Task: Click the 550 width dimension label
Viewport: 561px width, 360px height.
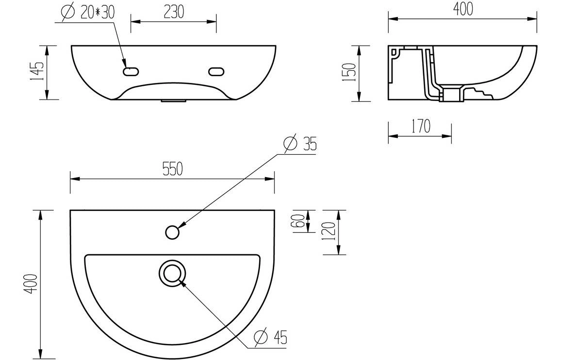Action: (172, 168)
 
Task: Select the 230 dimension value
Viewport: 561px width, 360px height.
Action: (173, 12)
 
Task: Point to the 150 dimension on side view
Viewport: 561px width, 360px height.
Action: (351, 73)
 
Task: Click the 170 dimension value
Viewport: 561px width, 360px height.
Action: (420, 127)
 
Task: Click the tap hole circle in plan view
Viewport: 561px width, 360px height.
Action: (172, 232)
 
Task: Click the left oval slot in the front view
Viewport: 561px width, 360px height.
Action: (131, 72)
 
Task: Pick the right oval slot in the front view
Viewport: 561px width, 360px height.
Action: (216, 72)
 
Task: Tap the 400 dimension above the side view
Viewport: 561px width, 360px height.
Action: (463, 9)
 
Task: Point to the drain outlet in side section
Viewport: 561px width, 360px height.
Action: (451, 95)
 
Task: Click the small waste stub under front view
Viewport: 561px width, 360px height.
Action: (173, 102)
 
